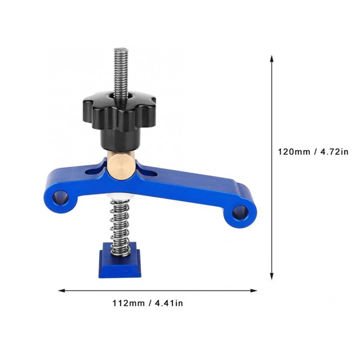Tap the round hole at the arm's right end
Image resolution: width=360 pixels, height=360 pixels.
coord(239,213)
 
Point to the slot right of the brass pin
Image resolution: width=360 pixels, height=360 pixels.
coord(151,174)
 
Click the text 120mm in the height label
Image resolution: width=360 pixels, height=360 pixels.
coord(293,152)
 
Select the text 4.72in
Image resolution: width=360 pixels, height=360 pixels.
coord(335,152)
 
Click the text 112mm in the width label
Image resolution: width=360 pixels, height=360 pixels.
coord(128,303)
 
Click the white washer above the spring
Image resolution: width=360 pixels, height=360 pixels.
coord(121,196)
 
